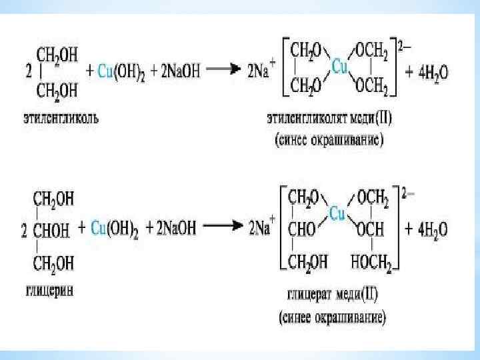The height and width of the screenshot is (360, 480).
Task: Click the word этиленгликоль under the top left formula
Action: pyautogui.click(x=59, y=119)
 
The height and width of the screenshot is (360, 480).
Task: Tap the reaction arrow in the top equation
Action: pyautogui.click(x=225, y=69)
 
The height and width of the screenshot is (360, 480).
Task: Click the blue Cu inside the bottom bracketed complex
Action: pyautogui.click(x=337, y=213)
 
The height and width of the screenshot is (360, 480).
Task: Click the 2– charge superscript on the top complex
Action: pyautogui.click(x=404, y=47)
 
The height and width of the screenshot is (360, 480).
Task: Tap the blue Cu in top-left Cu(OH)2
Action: pyautogui.click(x=104, y=71)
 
